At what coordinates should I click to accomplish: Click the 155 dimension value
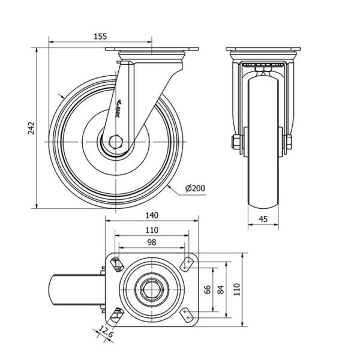pyautogui.click(x=100, y=37)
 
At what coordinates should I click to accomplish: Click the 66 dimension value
pyautogui.click(x=207, y=290)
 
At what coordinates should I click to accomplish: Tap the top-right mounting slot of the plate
pyautogui.click(x=188, y=262)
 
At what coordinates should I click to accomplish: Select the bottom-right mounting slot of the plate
pyautogui.click(x=188, y=316)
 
